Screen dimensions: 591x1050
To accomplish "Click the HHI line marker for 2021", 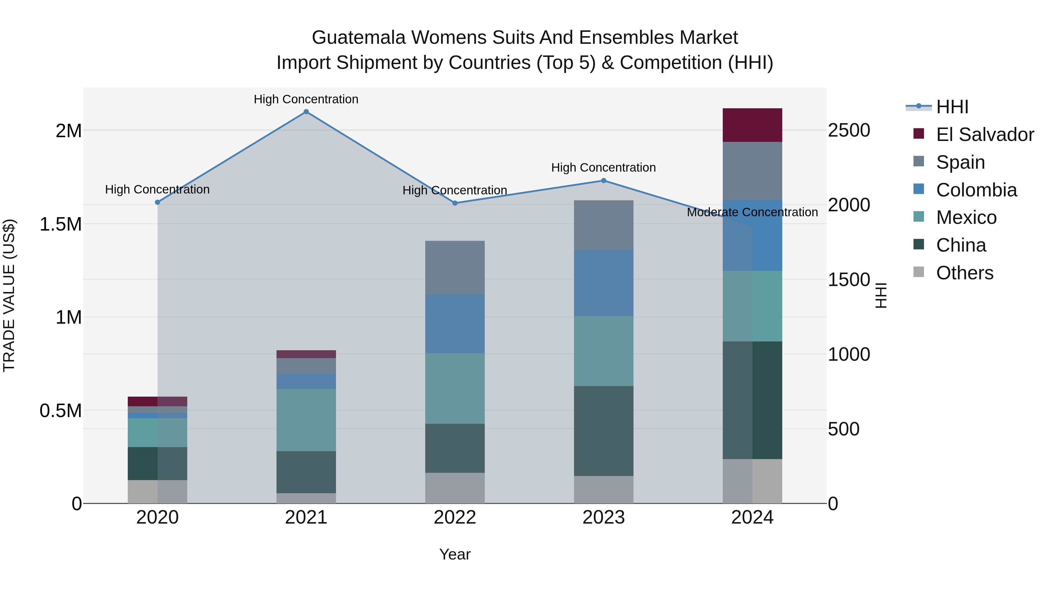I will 306,112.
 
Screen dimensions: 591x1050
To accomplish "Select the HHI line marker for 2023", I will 604,181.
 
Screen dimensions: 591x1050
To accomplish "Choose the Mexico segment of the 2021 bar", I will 306,420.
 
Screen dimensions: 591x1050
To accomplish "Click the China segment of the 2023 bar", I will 604,431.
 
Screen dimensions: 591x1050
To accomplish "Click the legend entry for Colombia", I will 976,190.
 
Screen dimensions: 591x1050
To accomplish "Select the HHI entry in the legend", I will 952,107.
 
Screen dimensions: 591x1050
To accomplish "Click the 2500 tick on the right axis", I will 849,130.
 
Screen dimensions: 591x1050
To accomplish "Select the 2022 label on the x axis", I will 455,517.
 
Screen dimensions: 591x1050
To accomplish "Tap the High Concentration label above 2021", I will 306,99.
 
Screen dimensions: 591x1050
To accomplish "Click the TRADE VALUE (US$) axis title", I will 9,295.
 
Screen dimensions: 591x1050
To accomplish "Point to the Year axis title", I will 455,554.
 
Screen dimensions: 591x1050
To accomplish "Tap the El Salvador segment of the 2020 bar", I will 157,401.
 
